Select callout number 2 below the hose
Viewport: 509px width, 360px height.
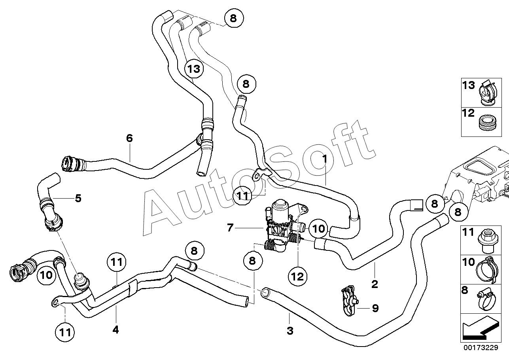pos(375,284)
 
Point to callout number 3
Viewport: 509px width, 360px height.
pos(290,330)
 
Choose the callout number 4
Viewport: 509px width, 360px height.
pos(115,329)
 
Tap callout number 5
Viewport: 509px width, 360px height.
pos(78,198)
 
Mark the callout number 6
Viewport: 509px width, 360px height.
pos(129,138)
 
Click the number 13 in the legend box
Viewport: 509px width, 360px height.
pos(469,85)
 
